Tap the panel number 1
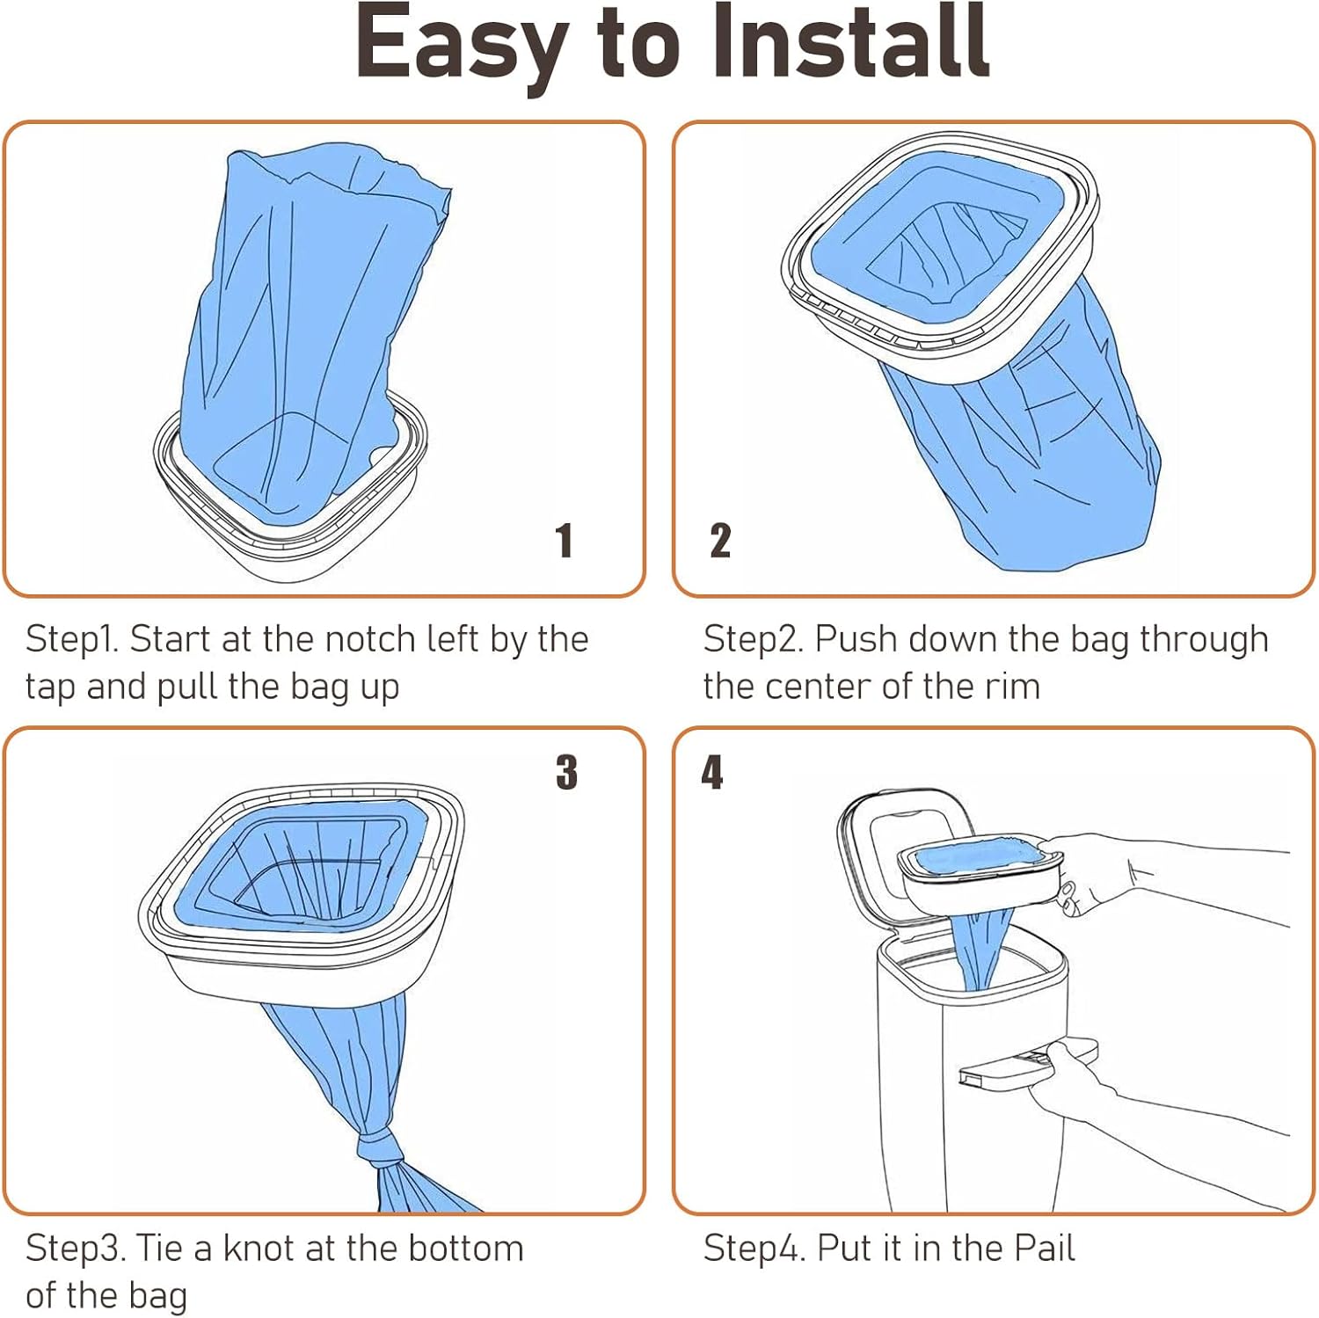[565, 540]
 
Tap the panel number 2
[720, 540]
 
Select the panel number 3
[567, 772]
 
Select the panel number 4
[711, 772]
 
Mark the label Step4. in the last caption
[754, 1249]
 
